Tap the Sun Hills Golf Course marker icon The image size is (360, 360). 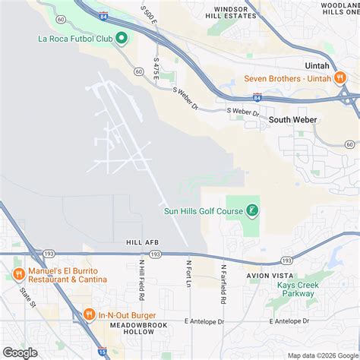tap(253, 210)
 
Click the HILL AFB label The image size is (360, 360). tap(141, 242)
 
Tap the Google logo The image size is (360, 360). tap(20, 352)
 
